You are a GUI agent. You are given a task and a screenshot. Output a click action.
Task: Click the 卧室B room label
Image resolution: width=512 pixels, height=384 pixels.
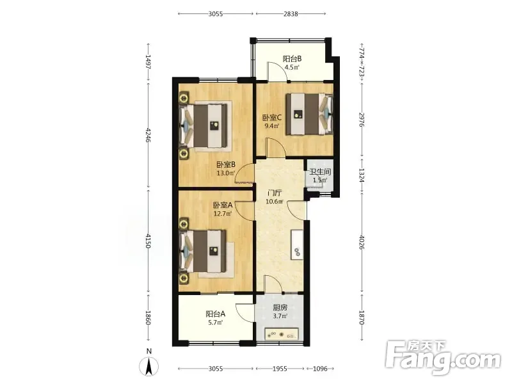pos(227,164)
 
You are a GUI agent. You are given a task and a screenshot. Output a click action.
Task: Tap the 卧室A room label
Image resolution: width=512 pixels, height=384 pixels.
pos(223,205)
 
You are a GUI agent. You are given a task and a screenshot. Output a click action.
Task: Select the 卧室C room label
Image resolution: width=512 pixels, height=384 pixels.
pos(272,118)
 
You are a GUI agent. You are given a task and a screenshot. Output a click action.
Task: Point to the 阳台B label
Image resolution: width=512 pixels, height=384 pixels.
pos(292,59)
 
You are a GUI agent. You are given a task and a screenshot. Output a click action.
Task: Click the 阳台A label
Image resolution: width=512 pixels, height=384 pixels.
pos(216,314)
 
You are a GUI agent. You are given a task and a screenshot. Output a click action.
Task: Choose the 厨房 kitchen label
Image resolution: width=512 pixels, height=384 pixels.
pos(280,308)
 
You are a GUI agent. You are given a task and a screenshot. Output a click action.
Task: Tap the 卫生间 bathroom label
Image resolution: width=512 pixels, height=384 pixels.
pos(321,172)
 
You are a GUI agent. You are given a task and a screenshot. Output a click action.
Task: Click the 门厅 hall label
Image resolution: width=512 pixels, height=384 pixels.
pos(274,193)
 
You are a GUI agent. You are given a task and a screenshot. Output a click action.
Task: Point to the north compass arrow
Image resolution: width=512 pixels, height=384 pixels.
pos(149,366)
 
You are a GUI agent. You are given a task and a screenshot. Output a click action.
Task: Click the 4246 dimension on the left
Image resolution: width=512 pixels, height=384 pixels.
pos(148,134)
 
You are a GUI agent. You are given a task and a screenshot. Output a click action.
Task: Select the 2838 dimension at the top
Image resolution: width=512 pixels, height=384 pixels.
pos(291,13)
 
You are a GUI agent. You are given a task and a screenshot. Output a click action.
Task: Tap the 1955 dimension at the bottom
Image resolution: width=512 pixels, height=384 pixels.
pos(280,369)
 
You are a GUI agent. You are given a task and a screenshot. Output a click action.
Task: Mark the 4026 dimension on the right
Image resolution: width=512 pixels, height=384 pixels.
pos(362,242)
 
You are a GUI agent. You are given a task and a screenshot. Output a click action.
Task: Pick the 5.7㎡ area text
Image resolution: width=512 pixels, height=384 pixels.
pos(216,323)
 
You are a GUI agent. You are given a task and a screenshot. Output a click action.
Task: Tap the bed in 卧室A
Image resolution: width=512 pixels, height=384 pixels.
pos(202,251)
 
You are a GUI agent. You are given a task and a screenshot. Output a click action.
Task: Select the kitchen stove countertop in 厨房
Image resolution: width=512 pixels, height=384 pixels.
pos(282,333)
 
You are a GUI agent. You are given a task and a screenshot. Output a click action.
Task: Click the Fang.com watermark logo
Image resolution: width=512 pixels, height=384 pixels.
pos(443,358)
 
